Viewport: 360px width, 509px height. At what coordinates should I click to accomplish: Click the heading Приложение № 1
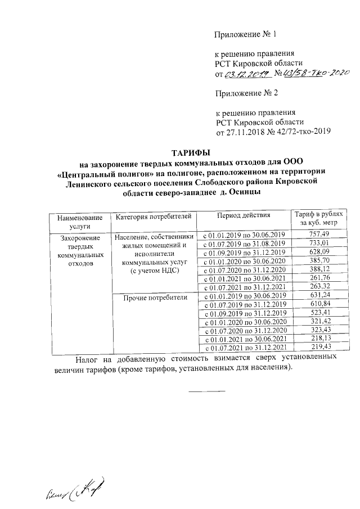[246, 35]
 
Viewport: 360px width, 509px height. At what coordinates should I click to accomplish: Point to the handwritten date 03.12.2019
[248, 74]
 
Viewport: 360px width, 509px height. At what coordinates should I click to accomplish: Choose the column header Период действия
[244, 216]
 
